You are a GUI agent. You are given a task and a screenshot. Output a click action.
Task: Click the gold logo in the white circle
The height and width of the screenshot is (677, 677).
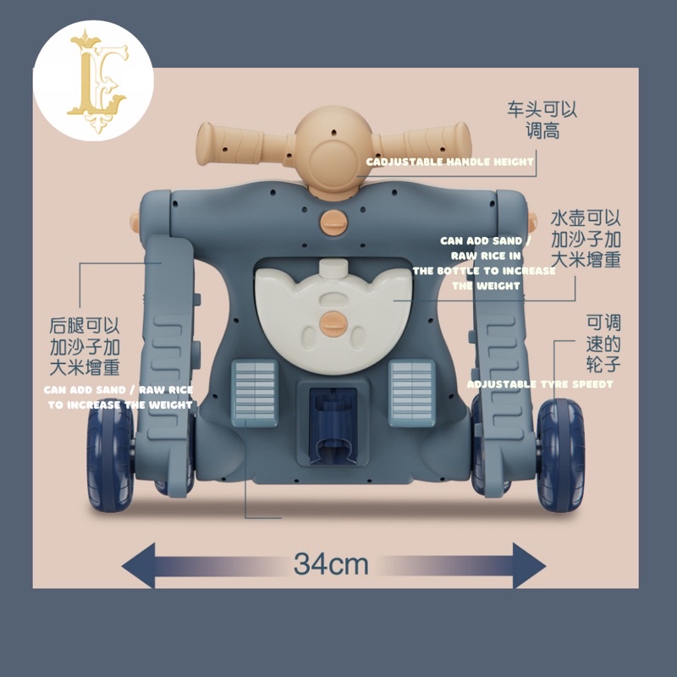pyautogui.click(x=97, y=80)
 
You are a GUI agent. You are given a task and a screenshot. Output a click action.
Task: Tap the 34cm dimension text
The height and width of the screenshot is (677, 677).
pyautogui.click(x=331, y=564)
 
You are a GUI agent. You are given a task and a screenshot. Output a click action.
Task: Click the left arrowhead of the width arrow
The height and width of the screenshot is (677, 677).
pyautogui.click(x=138, y=565)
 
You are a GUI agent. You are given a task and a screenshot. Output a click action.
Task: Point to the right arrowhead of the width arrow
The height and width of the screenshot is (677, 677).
pyautogui.click(x=530, y=565)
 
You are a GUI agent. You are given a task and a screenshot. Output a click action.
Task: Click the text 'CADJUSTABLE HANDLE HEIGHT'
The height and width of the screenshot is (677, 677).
pyautogui.click(x=450, y=162)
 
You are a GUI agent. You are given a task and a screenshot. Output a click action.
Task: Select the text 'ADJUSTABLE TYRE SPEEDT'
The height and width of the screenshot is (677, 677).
pyautogui.click(x=540, y=384)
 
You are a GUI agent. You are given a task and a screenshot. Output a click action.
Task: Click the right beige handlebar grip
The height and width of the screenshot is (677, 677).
pyautogui.click(x=426, y=141)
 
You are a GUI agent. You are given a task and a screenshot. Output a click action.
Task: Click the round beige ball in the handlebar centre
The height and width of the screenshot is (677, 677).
pyautogui.click(x=333, y=147)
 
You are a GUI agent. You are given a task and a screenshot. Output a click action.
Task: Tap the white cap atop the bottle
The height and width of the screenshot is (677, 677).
pyautogui.click(x=333, y=269)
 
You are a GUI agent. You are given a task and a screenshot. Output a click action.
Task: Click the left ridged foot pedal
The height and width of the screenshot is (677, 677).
pyautogui.click(x=255, y=393)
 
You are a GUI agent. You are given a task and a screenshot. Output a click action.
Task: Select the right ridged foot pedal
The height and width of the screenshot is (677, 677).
pyautogui.click(x=411, y=393)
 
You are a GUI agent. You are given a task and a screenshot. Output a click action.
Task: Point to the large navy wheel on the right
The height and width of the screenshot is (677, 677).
pyautogui.click(x=561, y=454)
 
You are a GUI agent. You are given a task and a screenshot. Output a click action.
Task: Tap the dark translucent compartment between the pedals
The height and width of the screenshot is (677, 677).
pyautogui.click(x=333, y=426)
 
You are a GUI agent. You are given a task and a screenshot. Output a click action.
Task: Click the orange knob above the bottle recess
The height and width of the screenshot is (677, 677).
pyautogui.click(x=333, y=222)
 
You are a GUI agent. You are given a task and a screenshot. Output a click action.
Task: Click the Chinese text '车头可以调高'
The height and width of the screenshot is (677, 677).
pyautogui.click(x=542, y=119)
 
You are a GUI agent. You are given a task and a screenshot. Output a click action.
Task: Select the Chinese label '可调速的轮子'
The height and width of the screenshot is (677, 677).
pyautogui.click(x=603, y=344)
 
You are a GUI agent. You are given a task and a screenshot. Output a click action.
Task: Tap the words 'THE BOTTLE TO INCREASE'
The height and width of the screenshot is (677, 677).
pyautogui.click(x=484, y=271)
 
